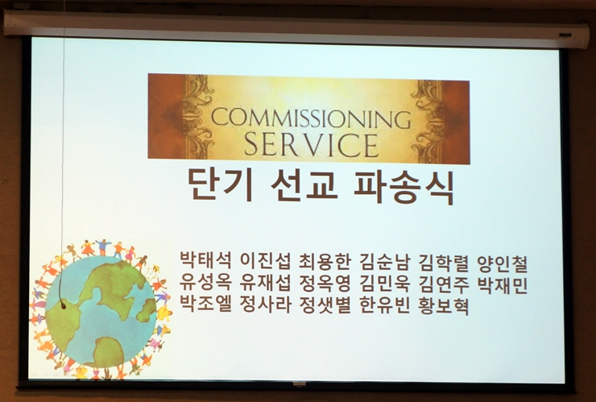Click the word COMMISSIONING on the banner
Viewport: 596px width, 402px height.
coord(311,118)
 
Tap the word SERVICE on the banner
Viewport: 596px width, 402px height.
coord(312,144)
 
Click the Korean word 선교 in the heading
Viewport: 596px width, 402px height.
coord(304,185)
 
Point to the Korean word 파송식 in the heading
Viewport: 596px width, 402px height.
coord(404,186)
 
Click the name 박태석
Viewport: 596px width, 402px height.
coord(205,263)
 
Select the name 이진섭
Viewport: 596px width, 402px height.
coord(266,263)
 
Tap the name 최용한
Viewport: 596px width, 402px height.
coord(325,263)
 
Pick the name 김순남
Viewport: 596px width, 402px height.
coord(384,263)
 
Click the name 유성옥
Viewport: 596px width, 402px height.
coord(205,284)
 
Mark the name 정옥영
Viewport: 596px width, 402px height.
coord(325,284)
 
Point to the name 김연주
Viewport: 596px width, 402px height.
coord(444,285)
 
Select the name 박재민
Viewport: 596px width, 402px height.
coord(503,285)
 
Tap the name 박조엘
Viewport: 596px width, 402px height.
coord(205,305)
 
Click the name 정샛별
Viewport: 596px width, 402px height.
coord(325,305)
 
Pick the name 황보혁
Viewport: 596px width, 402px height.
coord(444,306)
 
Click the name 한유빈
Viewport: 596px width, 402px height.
coord(384,305)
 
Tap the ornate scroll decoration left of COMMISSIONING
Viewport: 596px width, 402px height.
coord(197,116)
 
